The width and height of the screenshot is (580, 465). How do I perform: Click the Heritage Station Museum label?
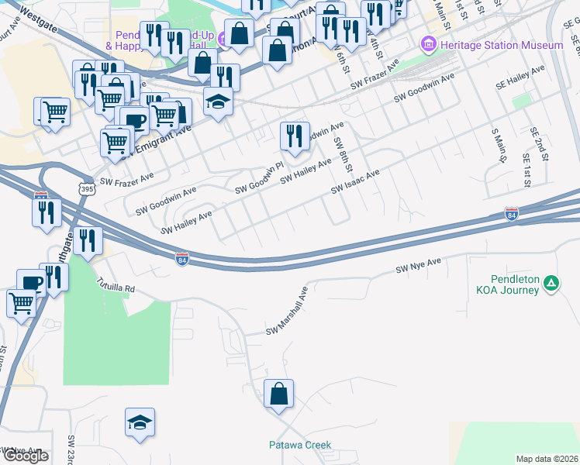coord(501,46)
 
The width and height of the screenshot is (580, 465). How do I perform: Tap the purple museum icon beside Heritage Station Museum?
coord(429,45)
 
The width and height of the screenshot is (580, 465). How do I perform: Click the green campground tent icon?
coord(551,284)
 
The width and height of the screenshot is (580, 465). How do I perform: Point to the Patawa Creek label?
coord(300,445)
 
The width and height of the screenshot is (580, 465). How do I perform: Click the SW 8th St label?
coord(344,155)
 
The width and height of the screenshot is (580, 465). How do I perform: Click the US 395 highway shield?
coord(85,189)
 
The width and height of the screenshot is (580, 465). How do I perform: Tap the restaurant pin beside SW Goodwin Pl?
coord(294,136)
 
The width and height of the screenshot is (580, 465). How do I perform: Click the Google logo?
coord(25,456)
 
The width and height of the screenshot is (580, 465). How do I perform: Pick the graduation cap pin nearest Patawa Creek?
coord(140,423)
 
